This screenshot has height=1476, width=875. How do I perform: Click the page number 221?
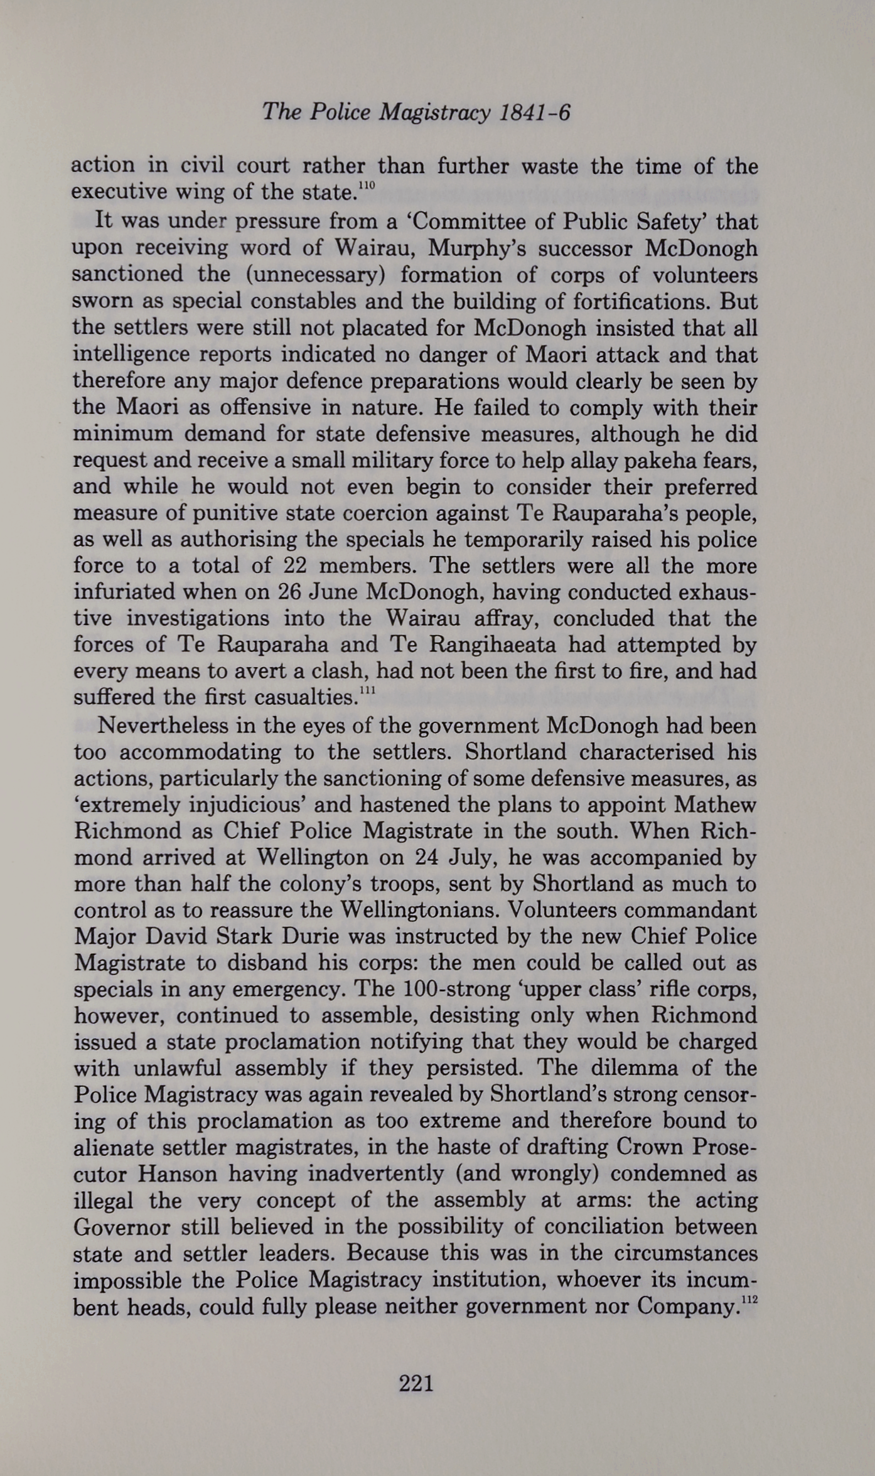(x=416, y=1382)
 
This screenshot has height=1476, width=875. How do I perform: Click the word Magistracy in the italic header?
(x=435, y=112)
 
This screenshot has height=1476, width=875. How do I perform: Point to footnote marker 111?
(x=367, y=690)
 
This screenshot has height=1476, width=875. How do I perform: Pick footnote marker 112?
(x=749, y=1299)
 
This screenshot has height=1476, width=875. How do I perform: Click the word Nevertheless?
(x=163, y=725)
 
